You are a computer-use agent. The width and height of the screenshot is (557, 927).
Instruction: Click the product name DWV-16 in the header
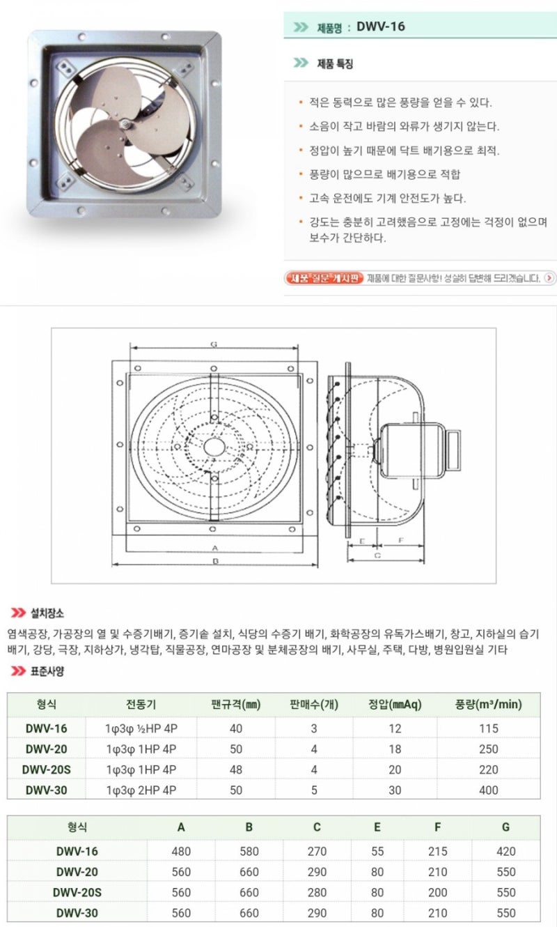click(380, 27)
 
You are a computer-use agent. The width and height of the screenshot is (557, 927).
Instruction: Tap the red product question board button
click(325, 278)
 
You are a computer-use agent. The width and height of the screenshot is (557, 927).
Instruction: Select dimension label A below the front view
click(215, 547)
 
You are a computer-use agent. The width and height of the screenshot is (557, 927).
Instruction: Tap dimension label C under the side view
click(377, 556)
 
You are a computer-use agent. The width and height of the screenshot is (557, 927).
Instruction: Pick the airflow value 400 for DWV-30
click(488, 790)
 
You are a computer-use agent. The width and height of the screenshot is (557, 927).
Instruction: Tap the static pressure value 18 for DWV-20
click(395, 749)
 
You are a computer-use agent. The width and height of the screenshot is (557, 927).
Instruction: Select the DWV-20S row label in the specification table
click(46, 769)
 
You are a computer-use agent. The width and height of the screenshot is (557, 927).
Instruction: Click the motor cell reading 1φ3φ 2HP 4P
click(141, 790)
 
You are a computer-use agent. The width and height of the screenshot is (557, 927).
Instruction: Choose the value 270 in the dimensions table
click(317, 851)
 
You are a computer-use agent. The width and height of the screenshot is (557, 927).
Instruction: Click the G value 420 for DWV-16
click(506, 851)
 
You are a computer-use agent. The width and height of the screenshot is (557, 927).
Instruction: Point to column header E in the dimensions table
click(377, 827)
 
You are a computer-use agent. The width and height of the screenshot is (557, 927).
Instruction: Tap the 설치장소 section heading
click(47, 613)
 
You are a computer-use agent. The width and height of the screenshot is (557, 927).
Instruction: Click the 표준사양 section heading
click(47, 671)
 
